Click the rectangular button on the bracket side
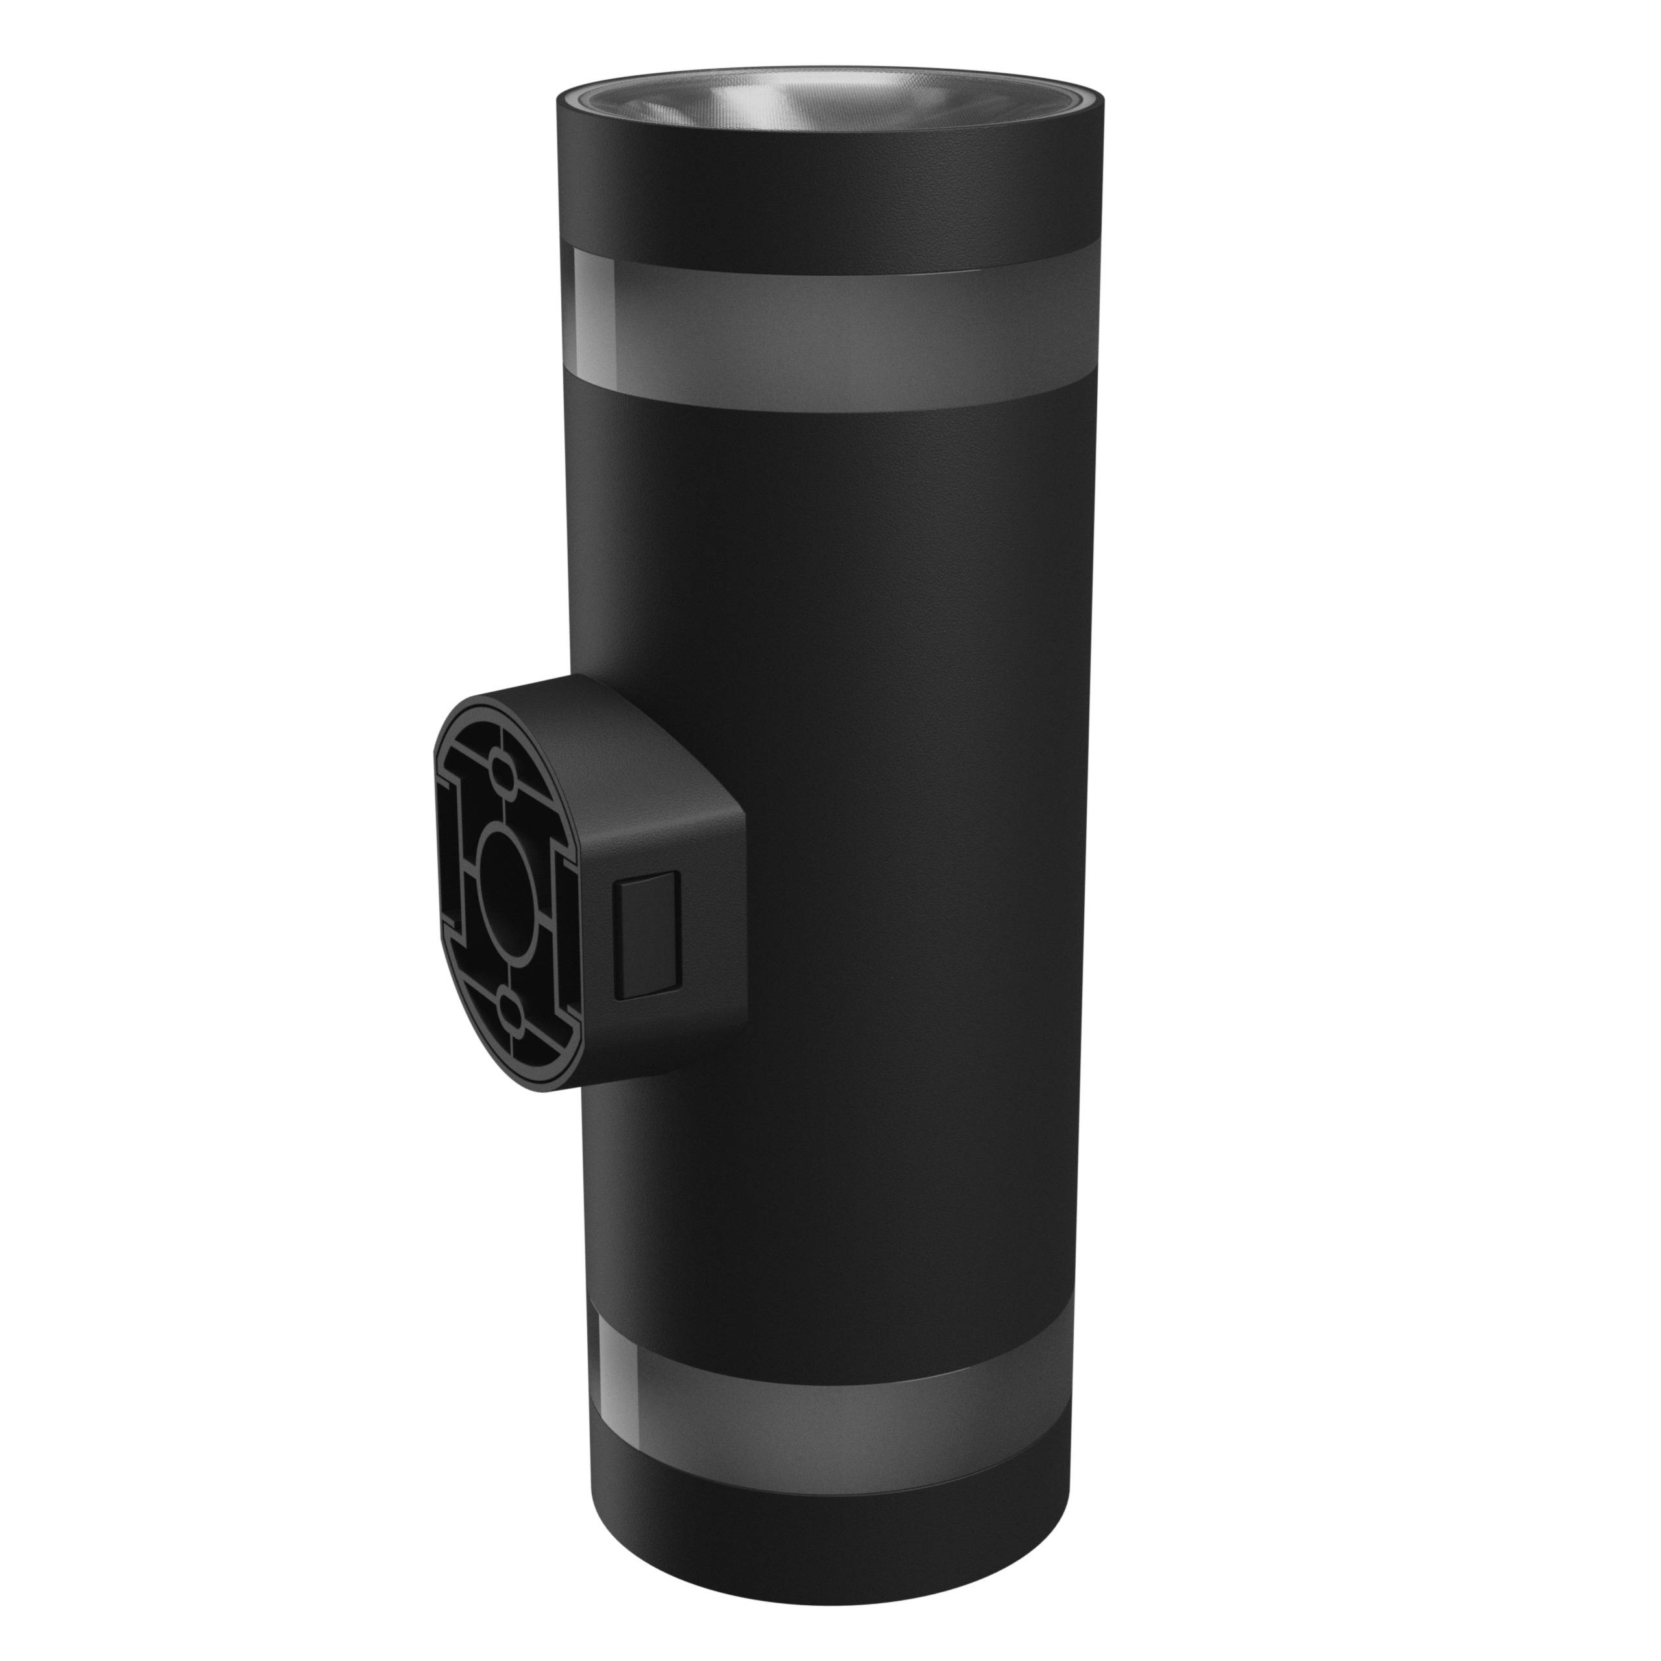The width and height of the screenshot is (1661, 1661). (649, 936)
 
